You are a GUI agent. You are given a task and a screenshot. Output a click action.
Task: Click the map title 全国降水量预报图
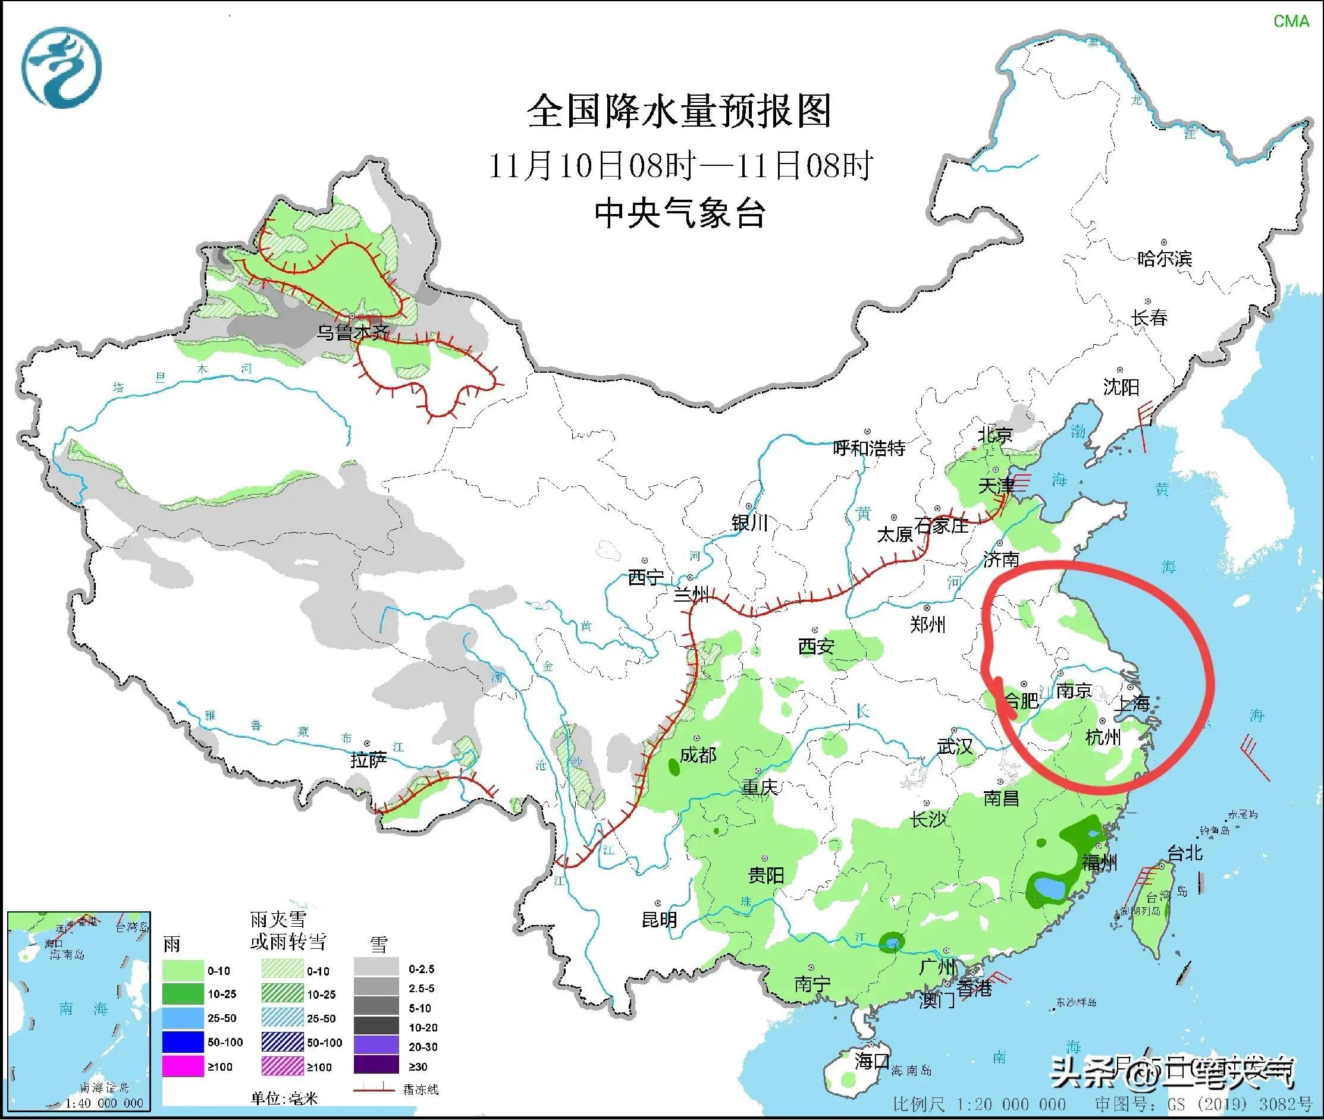click(679, 112)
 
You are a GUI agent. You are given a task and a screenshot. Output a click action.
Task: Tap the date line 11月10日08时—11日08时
click(680, 166)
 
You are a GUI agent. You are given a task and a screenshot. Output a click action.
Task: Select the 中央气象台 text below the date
click(679, 213)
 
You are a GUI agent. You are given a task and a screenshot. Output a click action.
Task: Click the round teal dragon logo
click(62, 67)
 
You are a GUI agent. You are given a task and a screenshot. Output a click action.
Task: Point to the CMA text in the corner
click(1291, 21)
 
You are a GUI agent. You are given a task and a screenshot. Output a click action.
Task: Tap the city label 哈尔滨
click(1164, 259)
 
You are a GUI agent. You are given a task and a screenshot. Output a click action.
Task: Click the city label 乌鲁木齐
click(353, 333)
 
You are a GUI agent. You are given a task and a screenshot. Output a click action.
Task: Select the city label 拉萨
click(369, 759)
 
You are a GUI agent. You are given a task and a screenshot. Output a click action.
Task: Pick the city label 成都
click(698, 755)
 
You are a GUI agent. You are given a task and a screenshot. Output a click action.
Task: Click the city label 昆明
click(659, 920)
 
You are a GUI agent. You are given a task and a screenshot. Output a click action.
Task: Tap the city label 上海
click(1132, 703)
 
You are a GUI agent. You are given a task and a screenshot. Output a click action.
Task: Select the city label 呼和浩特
click(869, 448)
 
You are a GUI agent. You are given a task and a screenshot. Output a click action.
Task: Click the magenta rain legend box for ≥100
click(183, 1066)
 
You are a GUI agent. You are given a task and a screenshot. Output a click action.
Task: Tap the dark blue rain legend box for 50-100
click(183, 1043)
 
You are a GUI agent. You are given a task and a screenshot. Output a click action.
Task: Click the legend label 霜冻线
click(421, 1090)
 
